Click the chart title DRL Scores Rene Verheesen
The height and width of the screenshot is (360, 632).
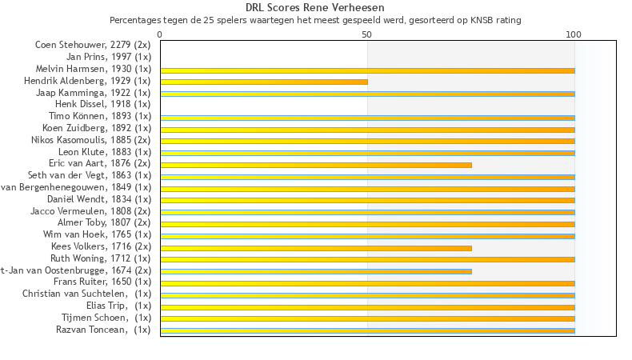point(315,8)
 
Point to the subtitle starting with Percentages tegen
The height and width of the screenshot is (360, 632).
point(315,19)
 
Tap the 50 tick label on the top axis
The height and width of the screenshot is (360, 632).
point(366,34)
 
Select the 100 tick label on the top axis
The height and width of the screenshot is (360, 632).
point(574,34)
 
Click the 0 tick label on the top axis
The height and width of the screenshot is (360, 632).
point(160,34)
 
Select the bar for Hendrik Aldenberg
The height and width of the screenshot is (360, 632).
point(264,82)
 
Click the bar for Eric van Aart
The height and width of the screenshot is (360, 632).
point(316,165)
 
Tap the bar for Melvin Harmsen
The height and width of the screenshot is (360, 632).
point(367,70)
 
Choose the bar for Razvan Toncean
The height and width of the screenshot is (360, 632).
point(367,330)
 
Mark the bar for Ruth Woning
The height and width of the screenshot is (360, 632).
point(367,259)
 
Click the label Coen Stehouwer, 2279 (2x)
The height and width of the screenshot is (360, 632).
point(93,45)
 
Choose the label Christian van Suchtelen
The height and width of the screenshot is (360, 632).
point(86,294)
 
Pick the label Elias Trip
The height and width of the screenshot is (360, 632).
point(118,306)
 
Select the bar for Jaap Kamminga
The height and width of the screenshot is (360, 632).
point(367,94)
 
